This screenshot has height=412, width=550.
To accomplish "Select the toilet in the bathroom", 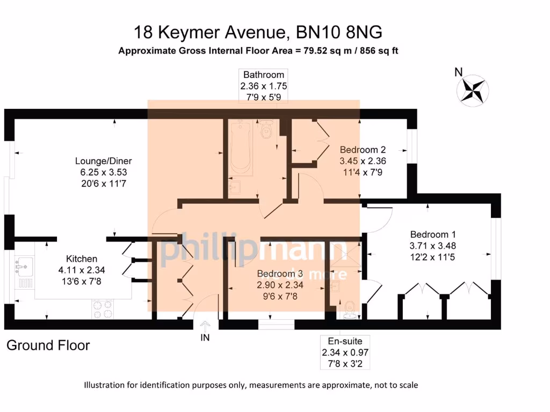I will click(266, 130).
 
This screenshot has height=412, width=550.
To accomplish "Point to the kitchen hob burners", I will click(104, 308).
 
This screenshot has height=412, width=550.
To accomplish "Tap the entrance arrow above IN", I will click(205, 325).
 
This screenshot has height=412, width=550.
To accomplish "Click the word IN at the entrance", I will click(205, 337).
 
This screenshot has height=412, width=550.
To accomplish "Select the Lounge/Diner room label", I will click(103, 161).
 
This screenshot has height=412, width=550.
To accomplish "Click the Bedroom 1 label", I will click(433, 234).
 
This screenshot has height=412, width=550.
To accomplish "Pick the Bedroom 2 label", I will click(363, 150).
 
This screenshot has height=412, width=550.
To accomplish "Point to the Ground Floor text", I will click(48, 345).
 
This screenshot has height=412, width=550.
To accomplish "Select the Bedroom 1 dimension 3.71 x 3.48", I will click(433, 246).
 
